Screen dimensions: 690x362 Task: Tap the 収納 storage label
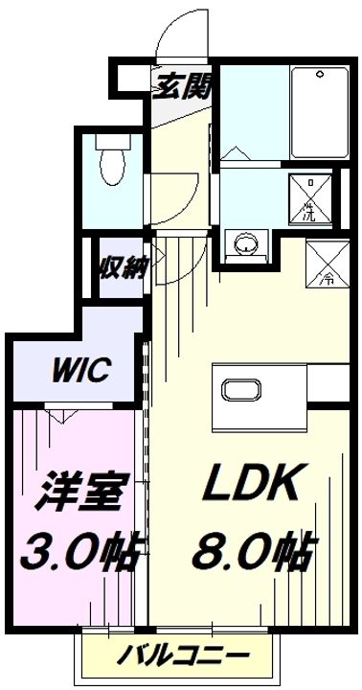click(x=120, y=267)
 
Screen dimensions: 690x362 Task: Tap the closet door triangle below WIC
click(x=62, y=415)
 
